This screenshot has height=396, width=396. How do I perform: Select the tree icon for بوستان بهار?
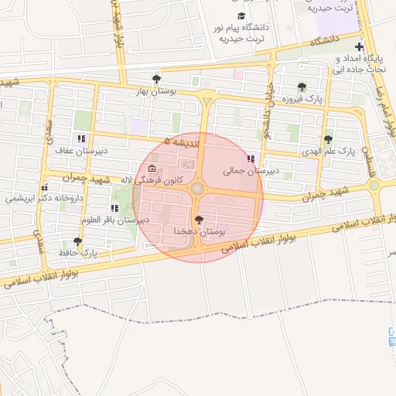[x=157, y=79]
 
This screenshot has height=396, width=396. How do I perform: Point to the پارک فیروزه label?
[x=300, y=99]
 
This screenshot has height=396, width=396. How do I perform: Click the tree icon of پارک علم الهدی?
[x=329, y=139]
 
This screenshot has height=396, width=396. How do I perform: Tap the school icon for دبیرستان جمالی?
[x=250, y=159]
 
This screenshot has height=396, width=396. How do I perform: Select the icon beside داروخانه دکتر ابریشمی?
[x=44, y=186]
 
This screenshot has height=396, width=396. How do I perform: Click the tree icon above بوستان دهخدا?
[x=200, y=220]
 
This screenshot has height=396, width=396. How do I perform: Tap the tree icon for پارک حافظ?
[x=77, y=241]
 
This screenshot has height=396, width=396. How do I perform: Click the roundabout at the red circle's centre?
[x=198, y=188]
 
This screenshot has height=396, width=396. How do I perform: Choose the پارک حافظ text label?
[x=77, y=253]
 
